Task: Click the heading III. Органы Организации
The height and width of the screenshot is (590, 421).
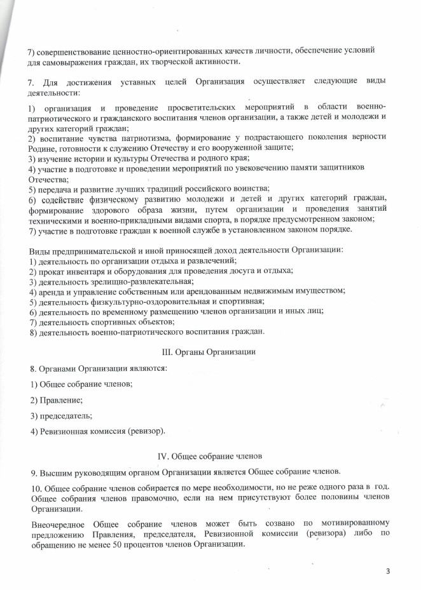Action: coord(209,351)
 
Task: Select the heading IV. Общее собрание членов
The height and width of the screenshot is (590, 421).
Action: coord(209,456)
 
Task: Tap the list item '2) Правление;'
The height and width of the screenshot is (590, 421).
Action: coord(57,400)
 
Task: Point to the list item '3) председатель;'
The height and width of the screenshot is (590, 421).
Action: coord(61,415)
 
